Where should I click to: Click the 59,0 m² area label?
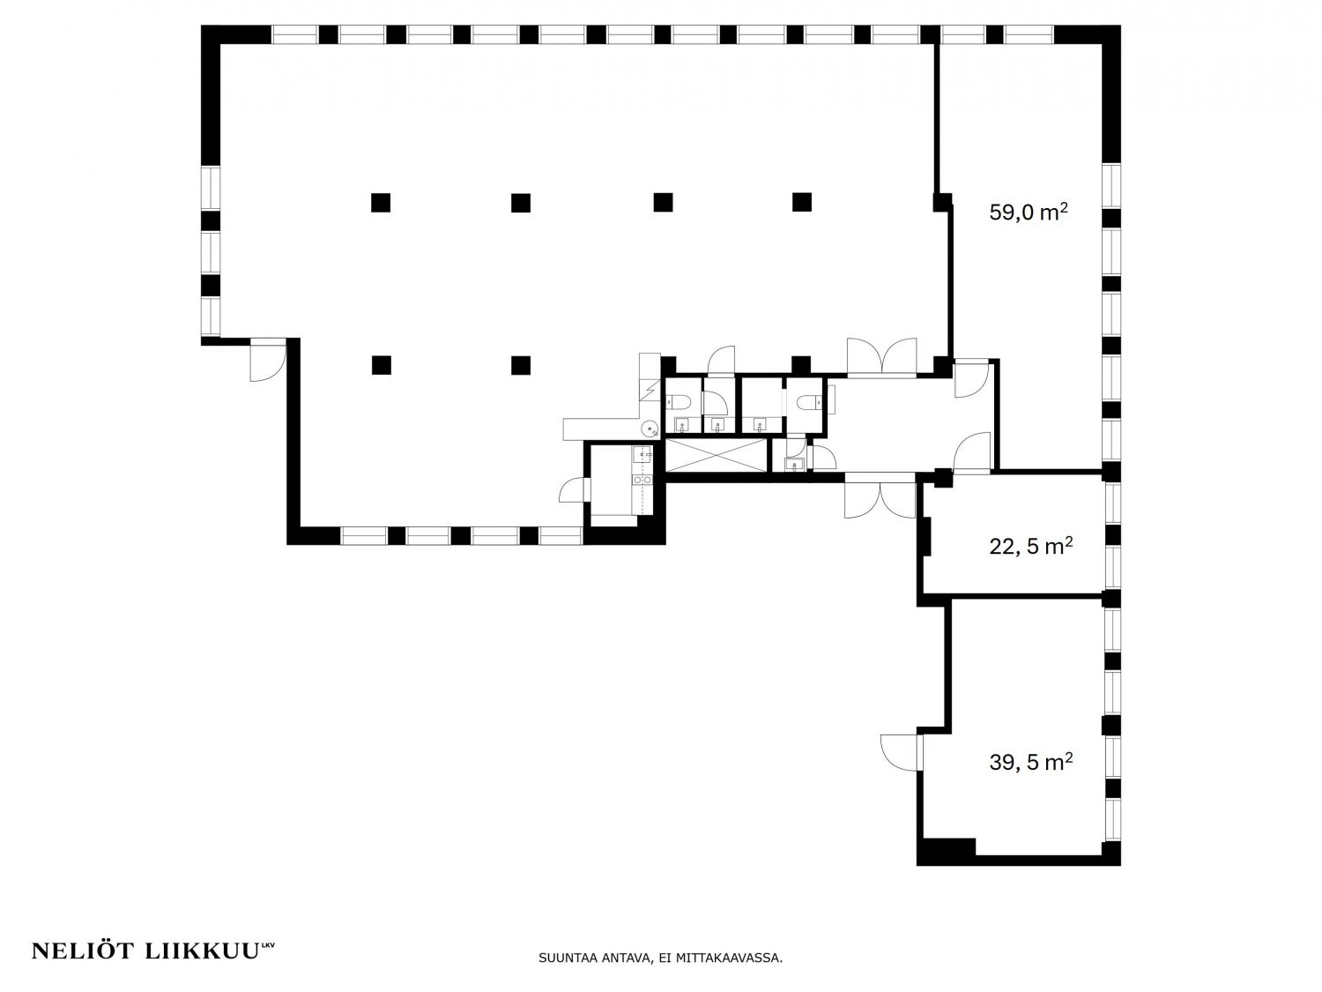[1029, 212]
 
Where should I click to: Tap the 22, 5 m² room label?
[1030, 546]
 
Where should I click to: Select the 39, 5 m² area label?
[1030, 762]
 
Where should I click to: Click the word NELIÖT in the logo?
[83, 951]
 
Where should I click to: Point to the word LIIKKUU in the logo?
[203, 951]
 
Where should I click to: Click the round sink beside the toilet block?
[649, 429]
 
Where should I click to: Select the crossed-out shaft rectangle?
[717, 456]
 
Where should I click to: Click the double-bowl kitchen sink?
[642, 480]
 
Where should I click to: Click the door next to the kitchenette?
[573, 489]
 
